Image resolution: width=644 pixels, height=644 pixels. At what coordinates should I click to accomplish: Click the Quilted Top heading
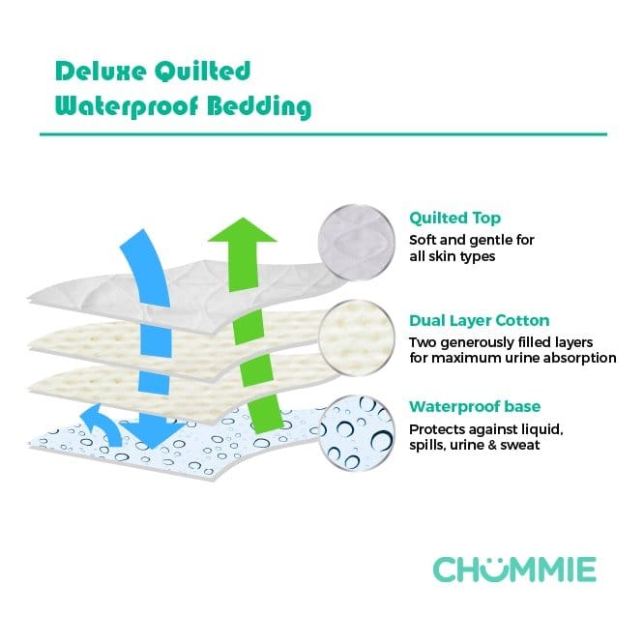pos(454,218)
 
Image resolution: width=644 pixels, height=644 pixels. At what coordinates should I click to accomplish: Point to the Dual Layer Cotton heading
pos(480,320)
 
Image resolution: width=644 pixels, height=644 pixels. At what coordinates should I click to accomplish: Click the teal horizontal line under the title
pos(322,134)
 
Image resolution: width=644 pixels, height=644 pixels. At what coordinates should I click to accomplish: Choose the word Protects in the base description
pos(436,428)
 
